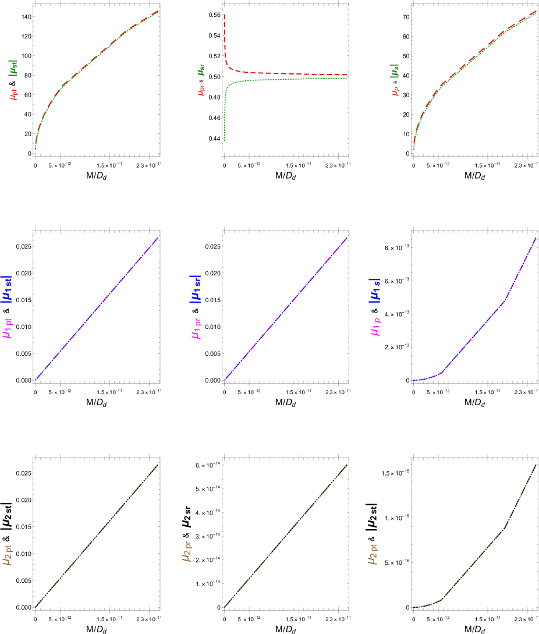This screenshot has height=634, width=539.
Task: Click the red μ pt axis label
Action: pyautogui.click(x=15, y=94)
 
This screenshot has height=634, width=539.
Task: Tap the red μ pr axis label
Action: pyautogui.click(x=201, y=90)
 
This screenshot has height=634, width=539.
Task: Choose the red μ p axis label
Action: pyautogui.click(x=396, y=90)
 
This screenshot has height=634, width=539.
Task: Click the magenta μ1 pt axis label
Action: pyautogui.click(x=8, y=328)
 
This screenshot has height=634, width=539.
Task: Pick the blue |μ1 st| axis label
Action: pyautogui.click(x=8, y=289)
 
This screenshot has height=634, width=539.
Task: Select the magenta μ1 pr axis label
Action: pyautogui.click(x=196, y=328)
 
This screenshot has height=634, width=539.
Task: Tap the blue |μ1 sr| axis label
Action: pyautogui.click(x=196, y=289)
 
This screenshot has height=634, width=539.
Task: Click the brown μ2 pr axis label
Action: pyautogui.click(x=187, y=551)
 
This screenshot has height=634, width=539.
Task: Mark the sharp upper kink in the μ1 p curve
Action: pyautogui.click(x=505, y=301)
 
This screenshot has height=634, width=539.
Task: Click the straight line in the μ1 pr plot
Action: pyautogui.click(x=285, y=309)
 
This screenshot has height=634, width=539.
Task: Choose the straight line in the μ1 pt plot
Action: pyautogui.click(x=96, y=309)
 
